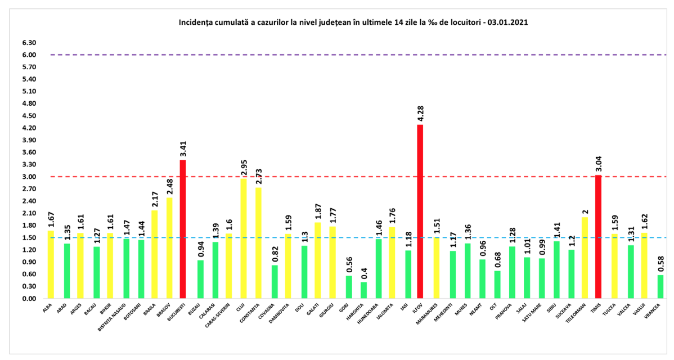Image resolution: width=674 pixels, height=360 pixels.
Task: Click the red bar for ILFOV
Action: [420, 211]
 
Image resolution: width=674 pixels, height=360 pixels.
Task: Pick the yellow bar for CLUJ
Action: [244, 238]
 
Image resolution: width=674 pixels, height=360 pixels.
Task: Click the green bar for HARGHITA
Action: [363, 290]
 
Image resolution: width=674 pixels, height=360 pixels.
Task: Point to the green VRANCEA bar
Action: [660, 286]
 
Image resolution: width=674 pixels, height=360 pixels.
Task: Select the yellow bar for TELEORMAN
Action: [586, 258]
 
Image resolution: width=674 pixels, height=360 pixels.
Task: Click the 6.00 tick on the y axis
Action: [30, 55]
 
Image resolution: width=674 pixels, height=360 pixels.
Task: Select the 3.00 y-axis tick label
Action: [30, 177]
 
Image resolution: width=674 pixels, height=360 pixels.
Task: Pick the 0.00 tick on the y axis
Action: [30, 299]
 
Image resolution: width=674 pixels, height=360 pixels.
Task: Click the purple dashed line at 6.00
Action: [338, 55]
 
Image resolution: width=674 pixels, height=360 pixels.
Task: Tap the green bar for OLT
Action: [497, 285]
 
